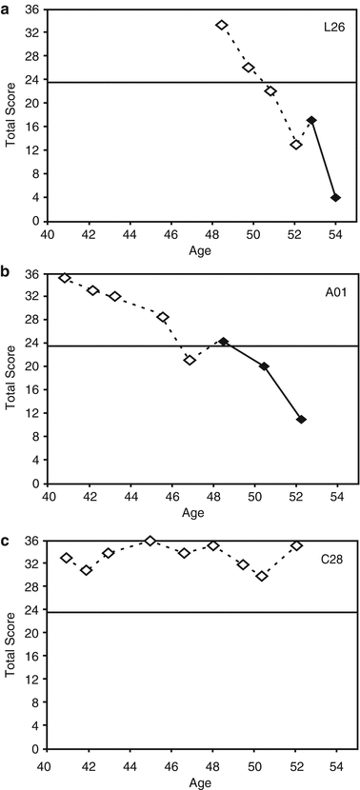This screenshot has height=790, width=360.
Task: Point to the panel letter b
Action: (6, 269)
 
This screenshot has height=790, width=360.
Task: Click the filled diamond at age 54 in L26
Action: (335, 198)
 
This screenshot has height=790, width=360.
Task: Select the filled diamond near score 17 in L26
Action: (311, 121)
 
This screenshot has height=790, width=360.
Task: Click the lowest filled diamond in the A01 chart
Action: (301, 420)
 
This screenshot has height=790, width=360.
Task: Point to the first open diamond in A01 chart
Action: (65, 278)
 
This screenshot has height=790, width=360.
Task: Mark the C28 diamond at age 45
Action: (150, 541)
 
